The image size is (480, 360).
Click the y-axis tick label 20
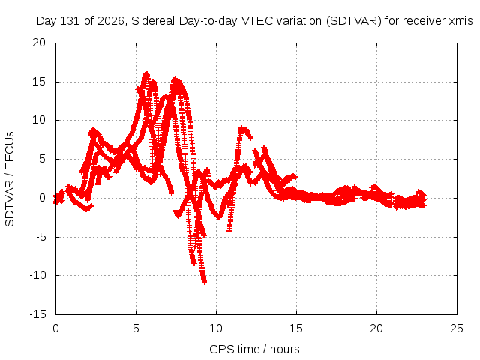click(x=39, y=43)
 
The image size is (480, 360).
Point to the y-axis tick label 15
click(x=39, y=82)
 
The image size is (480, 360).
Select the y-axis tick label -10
click(x=37, y=275)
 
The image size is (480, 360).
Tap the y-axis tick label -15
click(x=37, y=313)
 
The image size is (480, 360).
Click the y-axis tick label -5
click(x=40, y=237)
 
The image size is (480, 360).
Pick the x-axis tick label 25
click(x=457, y=328)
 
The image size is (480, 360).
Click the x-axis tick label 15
click(x=296, y=328)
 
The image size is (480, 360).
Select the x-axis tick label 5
click(x=136, y=328)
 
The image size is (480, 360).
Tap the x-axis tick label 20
click(x=376, y=328)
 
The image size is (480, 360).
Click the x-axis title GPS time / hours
click(x=254, y=349)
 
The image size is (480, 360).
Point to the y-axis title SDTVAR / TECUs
click(x=10, y=179)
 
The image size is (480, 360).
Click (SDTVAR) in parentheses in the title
click(x=353, y=21)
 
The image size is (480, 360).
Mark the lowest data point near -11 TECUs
click(x=204, y=281)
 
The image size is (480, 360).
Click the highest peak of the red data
click(x=146, y=73)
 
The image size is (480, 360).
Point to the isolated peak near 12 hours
click(x=243, y=129)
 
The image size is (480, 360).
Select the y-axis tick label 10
click(x=39, y=120)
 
